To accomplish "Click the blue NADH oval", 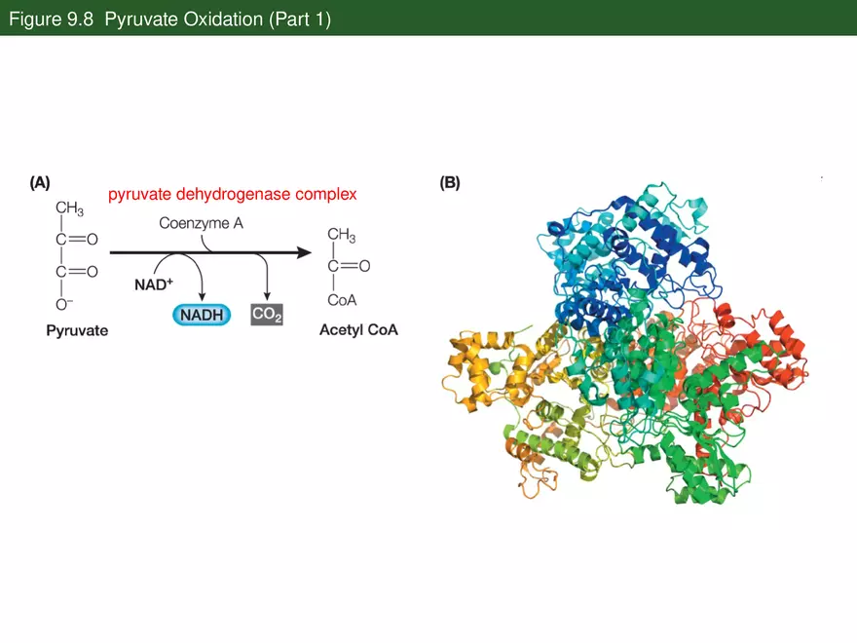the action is click(202, 315).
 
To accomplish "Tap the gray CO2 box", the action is click(267, 315).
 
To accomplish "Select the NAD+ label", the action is click(154, 284).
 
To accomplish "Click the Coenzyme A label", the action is click(202, 223).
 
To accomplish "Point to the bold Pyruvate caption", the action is click(77, 331).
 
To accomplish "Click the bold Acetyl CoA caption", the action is click(358, 330).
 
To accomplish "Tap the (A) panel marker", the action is click(40, 182).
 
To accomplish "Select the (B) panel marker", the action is click(450, 182).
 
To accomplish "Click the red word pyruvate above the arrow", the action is click(139, 195).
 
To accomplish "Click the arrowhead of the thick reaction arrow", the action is click(305, 252).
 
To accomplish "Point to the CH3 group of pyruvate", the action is click(69, 208).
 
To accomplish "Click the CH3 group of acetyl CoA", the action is click(342, 235).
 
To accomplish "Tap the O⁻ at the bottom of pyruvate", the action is click(64, 304).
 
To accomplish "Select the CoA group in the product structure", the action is click(342, 300).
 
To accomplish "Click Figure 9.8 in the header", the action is click(52, 19).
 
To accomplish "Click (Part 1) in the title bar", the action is click(300, 19).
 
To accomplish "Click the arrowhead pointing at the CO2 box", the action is click(267, 297).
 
